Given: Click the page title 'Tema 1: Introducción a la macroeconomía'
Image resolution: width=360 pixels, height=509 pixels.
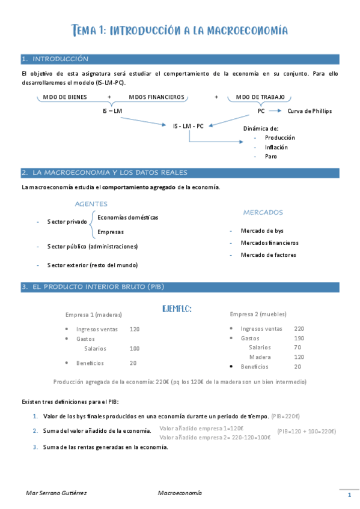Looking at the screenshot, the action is click(x=180, y=30).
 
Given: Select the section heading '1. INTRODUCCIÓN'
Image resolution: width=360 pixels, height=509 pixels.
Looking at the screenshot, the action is click(x=55, y=59).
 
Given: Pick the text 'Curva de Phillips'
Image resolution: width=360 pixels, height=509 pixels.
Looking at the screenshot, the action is click(x=310, y=111).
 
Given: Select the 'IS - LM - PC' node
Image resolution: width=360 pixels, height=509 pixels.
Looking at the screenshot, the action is click(x=188, y=126).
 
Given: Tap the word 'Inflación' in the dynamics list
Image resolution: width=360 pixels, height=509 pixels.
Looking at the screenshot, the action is click(x=276, y=147).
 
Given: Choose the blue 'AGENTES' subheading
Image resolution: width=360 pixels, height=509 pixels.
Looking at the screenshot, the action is click(x=91, y=204).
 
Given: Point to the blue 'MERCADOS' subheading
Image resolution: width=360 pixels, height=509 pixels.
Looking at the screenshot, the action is click(x=263, y=212).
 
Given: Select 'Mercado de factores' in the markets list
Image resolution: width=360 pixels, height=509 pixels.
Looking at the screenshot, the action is click(x=268, y=255).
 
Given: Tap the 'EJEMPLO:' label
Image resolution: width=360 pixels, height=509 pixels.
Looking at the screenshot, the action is click(x=177, y=309).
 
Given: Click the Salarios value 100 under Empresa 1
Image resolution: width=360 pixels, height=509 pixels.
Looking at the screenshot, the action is click(x=135, y=348).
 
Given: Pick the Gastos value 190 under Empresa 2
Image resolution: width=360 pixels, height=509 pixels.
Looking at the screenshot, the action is click(x=299, y=339).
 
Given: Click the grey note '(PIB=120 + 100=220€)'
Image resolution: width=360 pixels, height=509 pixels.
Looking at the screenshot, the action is click(x=307, y=431).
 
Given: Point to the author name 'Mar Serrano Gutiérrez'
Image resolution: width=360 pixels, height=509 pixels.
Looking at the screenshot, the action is click(x=56, y=493).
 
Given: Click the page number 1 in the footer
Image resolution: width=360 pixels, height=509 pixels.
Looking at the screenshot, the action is click(x=349, y=495).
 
